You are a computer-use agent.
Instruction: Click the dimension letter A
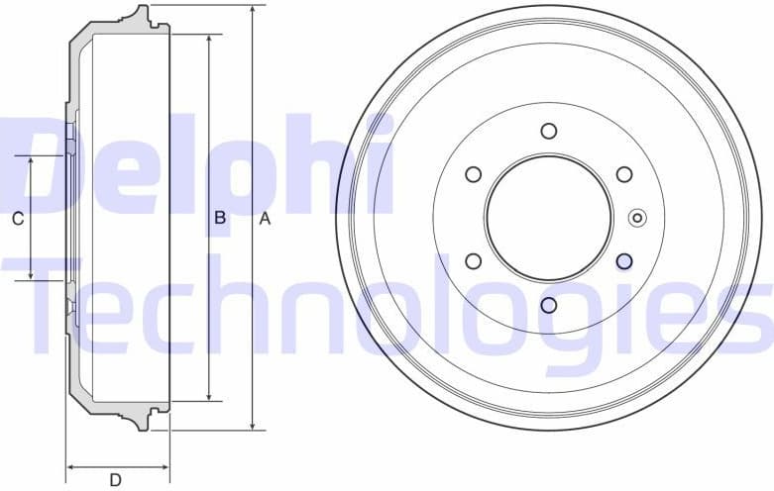pyautogui.click(x=265, y=219)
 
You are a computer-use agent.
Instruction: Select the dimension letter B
pyautogui.click(x=220, y=218)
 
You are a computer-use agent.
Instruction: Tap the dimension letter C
pyautogui.click(x=17, y=219)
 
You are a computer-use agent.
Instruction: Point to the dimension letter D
pyautogui.click(x=115, y=480)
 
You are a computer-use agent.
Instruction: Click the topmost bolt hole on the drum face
pyautogui.click(x=549, y=131)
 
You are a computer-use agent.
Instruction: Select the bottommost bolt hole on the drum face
pyautogui.click(x=549, y=305)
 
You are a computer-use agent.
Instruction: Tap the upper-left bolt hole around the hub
pyautogui.click(x=474, y=174)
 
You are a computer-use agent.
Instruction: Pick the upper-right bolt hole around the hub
pyautogui.click(x=624, y=174)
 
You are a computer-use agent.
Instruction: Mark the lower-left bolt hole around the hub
pyautogui.click(x=474, y=261)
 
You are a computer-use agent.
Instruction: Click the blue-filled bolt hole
pyautogui.click(x=624, y=261)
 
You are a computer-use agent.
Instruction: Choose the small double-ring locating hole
pyautogui.click(x=637, y=218)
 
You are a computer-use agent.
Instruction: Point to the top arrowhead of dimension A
pyautogui.click(x=254, y=11)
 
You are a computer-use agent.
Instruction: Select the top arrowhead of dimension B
pyautogui.click(x=209, y=41)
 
